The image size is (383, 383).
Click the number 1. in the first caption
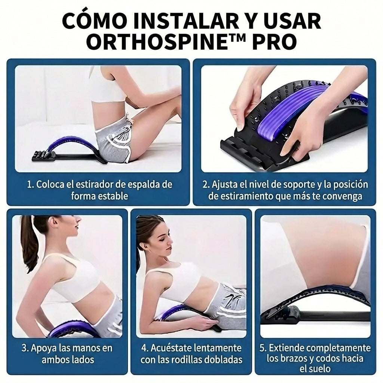coord(30,185)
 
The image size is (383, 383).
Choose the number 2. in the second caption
coord(206,185)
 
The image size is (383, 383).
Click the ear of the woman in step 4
coord(144,245)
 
